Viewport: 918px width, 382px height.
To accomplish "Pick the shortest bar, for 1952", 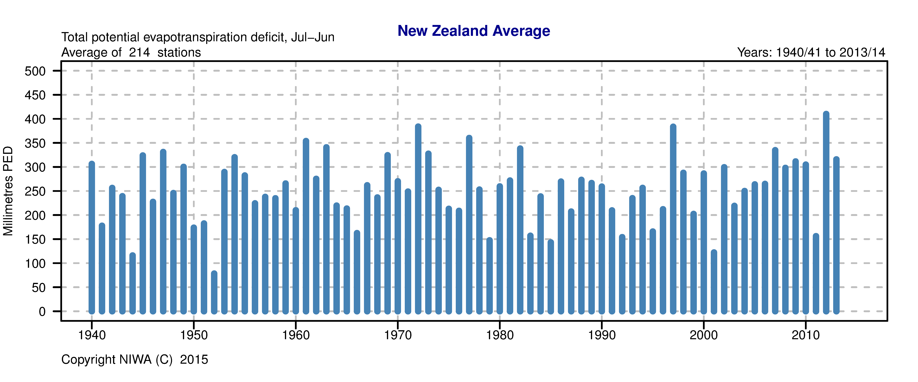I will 214,292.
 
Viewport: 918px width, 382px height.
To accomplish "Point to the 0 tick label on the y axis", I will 42,312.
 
